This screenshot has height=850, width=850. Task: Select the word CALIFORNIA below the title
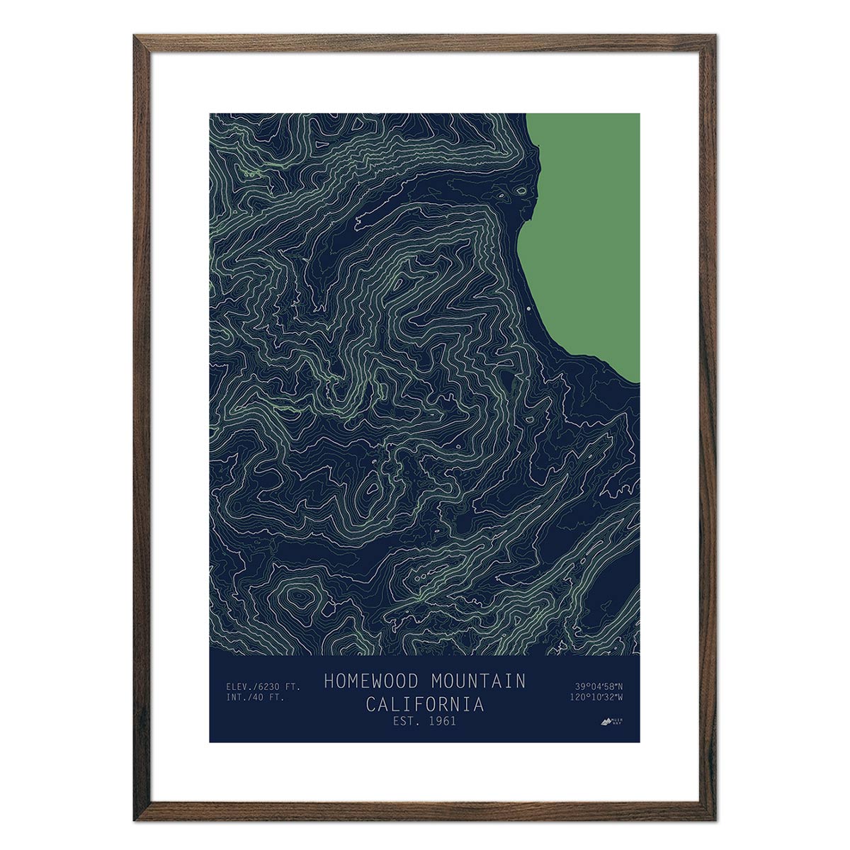click(x=425, y=705)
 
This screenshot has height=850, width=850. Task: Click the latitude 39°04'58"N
click(x=599, y=686)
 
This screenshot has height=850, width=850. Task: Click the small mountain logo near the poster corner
click(x=604, y=722)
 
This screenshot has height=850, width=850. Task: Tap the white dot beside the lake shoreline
click(x=528, y=309)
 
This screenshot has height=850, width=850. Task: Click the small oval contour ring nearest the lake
click(x=521, y=190)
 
